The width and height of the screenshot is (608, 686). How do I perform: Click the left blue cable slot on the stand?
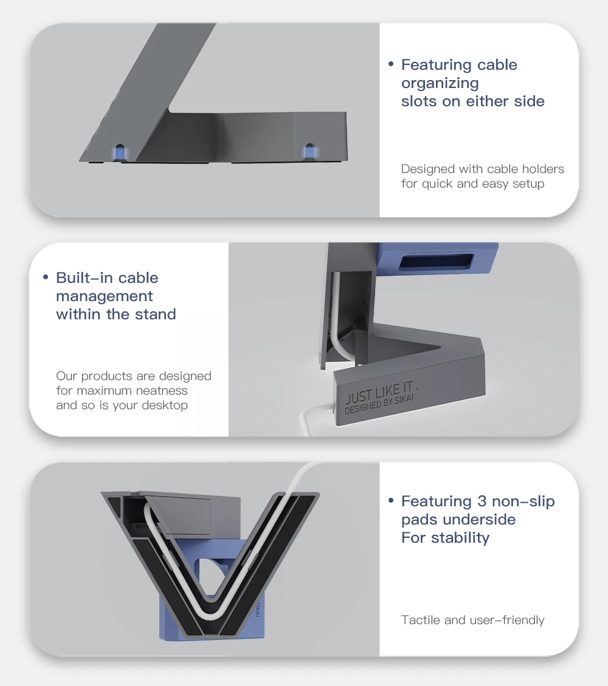(119, 152)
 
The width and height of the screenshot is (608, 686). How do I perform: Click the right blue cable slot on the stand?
(309, 152)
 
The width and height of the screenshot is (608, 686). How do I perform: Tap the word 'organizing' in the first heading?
(440, 83)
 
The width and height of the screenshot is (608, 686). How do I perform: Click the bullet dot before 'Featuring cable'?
(391, 64)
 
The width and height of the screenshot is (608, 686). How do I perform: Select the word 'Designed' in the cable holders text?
(427, 169)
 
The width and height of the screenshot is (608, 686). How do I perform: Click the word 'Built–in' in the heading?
(85, 278)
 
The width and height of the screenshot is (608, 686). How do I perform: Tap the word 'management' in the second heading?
(104, 296)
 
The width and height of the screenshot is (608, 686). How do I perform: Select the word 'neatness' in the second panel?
(162, 390)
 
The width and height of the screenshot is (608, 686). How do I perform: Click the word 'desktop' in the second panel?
(165, 405)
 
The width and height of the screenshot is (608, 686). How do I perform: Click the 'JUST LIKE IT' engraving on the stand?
(379, 392)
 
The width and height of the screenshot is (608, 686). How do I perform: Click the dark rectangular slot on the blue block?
(437, 263)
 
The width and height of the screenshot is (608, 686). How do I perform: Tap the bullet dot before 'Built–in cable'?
(46, 277)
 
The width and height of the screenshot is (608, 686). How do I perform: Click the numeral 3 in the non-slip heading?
(482, 501)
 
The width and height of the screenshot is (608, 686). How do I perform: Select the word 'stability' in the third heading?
(460, 538)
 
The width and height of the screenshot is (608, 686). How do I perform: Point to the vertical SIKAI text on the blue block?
(258, 610)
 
